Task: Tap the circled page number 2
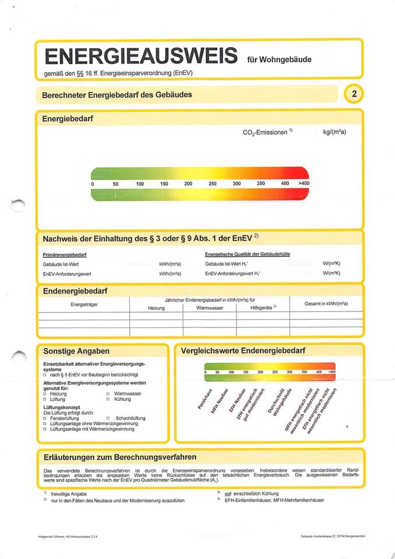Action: pyautogui.click(x=354, y=94)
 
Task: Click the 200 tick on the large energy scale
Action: pyautogui.click(x=188, y=183)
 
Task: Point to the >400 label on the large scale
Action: pyautogui.click(x=304, y=183)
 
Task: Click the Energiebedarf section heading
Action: pyautogui.click(x=68, y=118)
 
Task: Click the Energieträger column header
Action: pyautogui.click(x=83, y=305)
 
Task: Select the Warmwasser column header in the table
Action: pyautogui.click(x=210, y=307)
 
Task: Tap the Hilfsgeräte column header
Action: pyautogui.click(x=263, y=307)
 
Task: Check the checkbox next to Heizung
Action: pyautogui.click(x=45, y=394)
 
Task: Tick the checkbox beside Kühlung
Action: pyautogui.click(x=108, y=399)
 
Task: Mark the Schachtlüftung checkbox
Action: pyautogui.click(x=108, y=418)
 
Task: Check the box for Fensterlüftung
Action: pyautogui.click(x=45, y=418)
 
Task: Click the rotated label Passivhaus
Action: pyautogui.click(x=204, y=399)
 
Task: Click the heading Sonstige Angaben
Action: pyautogui.click(x=76, y=352)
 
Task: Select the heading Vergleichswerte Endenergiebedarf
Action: pyautogui.click(x=243, y=351)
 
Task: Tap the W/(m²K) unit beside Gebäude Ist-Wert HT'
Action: pyautogui.click(x=331, y=264)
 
